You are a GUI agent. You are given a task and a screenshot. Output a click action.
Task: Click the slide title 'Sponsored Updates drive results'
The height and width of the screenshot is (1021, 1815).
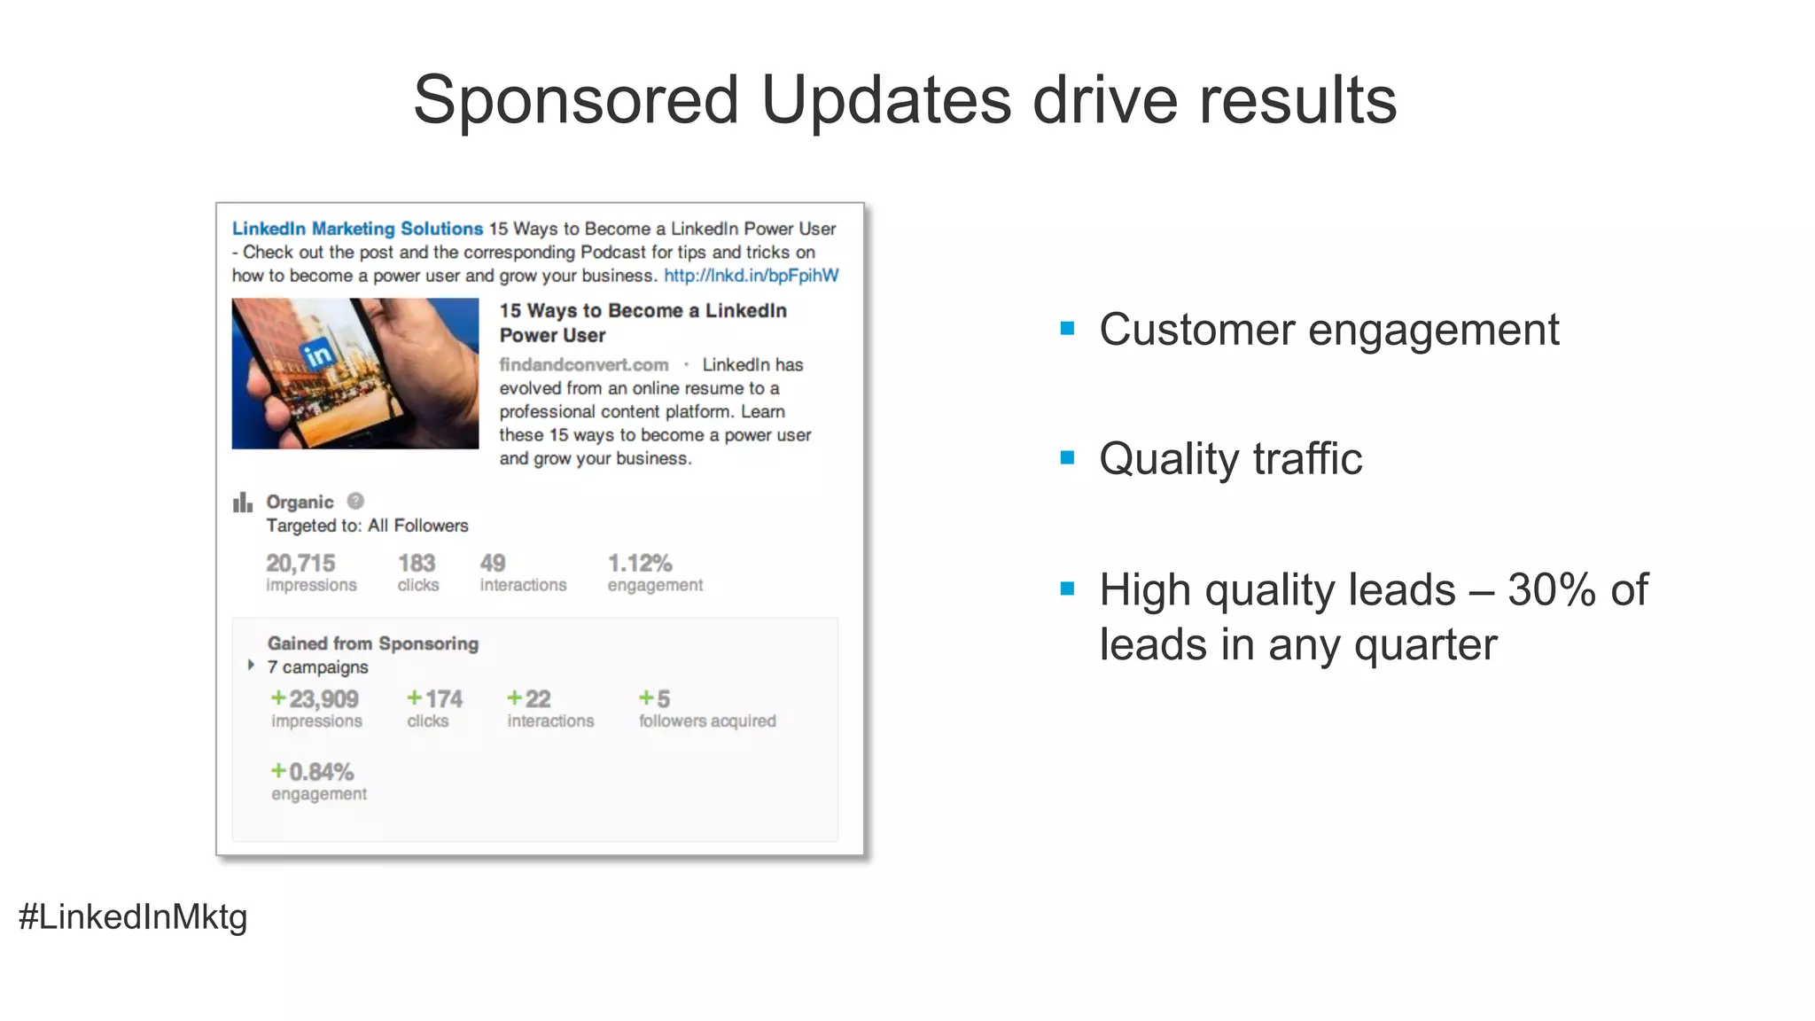pyautogui.click(x=905, y=99)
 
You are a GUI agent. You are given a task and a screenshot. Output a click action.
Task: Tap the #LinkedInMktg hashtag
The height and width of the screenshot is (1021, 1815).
pyautogui.click(x=133, y=916)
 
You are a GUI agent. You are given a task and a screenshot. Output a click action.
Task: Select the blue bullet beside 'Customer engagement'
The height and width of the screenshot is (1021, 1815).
pyautogui.click(x=1067, y=329)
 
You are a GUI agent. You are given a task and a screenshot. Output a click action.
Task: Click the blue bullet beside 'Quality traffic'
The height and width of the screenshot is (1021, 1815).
pyautogui.click(x=1067, y=458)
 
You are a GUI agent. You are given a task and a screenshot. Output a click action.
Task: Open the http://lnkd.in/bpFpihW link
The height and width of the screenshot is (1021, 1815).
pyautogui.click(x=751, y=276)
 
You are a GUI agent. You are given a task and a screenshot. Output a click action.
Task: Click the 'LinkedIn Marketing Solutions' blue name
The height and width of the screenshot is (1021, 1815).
pyautogui.click(x=357, y=229)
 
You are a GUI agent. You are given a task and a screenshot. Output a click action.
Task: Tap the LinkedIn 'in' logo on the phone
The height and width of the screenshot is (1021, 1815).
pyautogui.click(x=317, y=355)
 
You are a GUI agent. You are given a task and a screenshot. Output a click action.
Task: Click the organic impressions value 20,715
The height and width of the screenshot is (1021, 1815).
pyautogui.click(x=300, y=563)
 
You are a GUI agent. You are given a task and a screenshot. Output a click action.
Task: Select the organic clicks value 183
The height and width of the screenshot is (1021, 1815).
pyautogui.click(x=417, y=563)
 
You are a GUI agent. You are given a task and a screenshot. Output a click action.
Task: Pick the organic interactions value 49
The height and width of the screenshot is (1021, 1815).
pyautogui.click(x=493, y=563)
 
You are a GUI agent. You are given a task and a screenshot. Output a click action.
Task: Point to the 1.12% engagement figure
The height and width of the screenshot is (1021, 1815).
pyautogui.click(x=640, y=563)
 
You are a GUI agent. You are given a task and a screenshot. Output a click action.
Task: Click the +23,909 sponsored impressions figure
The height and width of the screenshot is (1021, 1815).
pyautogui.click(x=315, y=699)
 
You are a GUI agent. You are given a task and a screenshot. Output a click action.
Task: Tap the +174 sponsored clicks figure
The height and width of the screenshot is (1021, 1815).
pyautogui.click(x=434, y=699)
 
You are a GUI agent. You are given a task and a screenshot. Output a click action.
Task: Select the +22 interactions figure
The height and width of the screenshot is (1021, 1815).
pyautogui.click(x=529, y=699)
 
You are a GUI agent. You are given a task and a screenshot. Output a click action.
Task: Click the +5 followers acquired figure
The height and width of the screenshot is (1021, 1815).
pyautogui.click(x=655, y=699)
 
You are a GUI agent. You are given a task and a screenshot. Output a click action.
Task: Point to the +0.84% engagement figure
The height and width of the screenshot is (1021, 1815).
pyautogui.click(x=313, y=772)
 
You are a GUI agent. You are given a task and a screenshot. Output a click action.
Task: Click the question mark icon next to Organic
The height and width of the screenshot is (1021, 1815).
pyautogui.click(x=355, y=501)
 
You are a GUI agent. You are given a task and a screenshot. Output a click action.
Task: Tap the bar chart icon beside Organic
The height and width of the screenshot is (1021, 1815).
pyautogui.click(x=242, y=503)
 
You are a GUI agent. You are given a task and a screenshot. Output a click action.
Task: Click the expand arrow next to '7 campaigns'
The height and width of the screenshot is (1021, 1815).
pyautogui.click(x=252, y=665)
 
